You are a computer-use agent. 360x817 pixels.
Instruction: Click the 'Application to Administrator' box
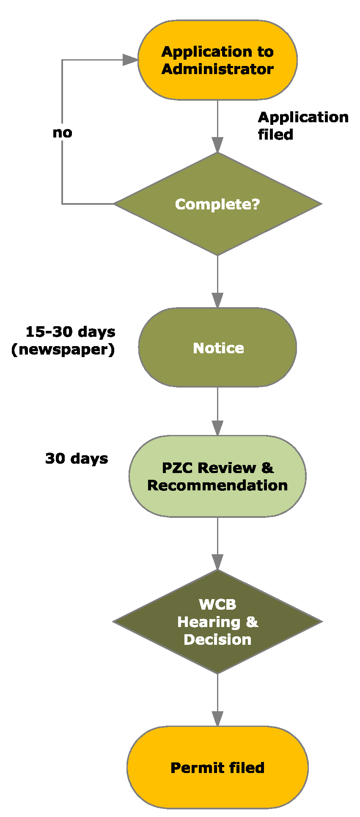click(217, 60)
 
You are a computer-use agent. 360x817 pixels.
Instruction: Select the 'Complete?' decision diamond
click(217, 204)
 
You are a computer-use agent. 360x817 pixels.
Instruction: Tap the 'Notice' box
click(217, 348)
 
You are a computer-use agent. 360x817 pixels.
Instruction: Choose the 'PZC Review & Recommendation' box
click(217, 476)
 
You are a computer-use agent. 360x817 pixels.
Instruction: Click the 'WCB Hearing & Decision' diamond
click(217, 622)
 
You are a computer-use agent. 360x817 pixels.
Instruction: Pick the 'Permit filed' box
click(217, 767)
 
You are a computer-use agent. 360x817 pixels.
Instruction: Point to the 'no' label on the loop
click(62, 133)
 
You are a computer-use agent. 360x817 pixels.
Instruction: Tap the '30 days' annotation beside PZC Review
click(77, 459)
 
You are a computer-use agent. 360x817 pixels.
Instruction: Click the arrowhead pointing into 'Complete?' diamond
click(217, 145)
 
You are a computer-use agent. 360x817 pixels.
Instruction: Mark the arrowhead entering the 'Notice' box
click(217, 300)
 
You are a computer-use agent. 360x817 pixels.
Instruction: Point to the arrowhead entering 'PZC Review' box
click(217, 428)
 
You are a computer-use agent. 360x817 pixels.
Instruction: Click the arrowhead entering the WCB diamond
click(217, 562)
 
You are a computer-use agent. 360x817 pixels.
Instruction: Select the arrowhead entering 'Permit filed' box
click(217, 719)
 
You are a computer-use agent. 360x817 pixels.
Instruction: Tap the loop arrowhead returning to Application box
click(130, 60)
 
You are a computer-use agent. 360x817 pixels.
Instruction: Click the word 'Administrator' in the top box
click(217, 69)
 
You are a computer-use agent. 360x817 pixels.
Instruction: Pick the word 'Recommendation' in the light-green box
click(217, 485)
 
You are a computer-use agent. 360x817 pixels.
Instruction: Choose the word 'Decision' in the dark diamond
click(217, 639)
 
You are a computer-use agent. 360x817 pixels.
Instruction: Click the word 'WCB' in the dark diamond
click(217, 604)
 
